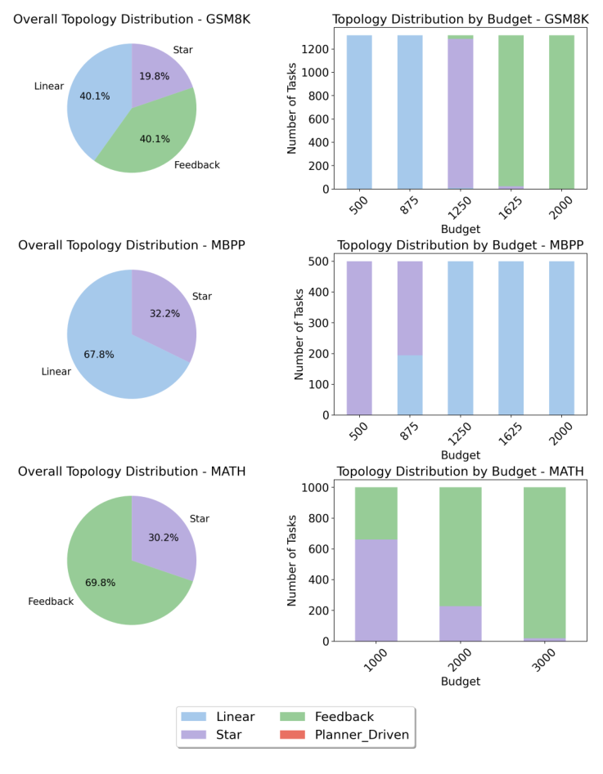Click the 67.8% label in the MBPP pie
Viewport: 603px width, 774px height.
(99, 354)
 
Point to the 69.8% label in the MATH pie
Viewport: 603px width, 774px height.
(101, 583)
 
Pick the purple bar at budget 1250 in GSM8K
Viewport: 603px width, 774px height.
(461, 114)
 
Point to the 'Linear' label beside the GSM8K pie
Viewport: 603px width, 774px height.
(48, 86)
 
